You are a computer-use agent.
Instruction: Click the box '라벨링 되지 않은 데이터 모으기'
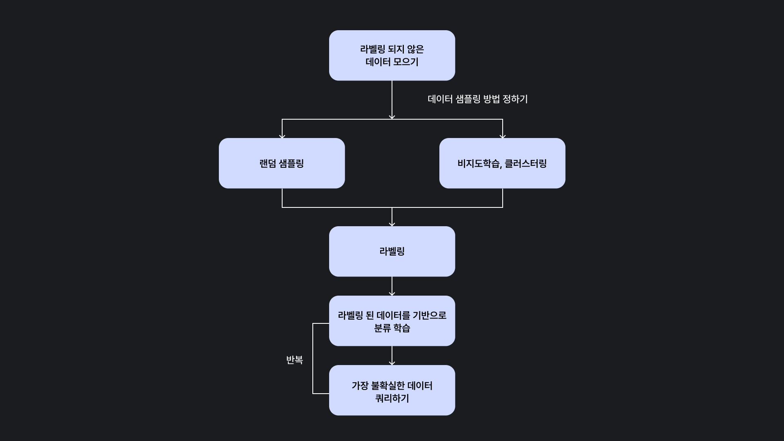click(x=392, y=55)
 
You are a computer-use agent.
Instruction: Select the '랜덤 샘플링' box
click(x=282, y=163)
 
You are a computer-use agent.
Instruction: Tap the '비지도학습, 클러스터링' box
click(x=502, y=163)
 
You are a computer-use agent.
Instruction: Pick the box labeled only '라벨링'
click(x=392, y=252)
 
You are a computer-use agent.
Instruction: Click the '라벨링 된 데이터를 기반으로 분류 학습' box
click(x=392, y=321)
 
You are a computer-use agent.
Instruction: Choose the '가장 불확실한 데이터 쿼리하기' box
click(x=392, y=390)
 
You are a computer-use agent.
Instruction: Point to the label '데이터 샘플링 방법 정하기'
click(x=478, y=99)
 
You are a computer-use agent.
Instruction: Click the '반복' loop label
click(x=294, y=360)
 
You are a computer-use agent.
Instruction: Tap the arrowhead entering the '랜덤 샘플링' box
click(x=282, y=136)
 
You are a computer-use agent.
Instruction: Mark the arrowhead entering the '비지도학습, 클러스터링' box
click(x=503, y=136)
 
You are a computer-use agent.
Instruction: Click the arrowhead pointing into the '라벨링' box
click(x=392, y=224)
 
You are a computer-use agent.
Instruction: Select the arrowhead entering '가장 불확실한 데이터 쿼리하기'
click(x=392, y=363)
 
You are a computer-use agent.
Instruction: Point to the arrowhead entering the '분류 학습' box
click(x=392, y=294)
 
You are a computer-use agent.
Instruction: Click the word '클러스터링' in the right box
click(x=526, y=164)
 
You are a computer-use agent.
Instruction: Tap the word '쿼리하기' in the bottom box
click(x=392, y=399)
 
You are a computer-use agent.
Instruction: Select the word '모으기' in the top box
click(x=405, y=62)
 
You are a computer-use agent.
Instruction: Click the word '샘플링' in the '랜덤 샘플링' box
click(x=292, y=164)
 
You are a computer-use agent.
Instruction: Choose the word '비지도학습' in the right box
click(x=479, y=164)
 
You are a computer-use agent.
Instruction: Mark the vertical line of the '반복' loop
click(x=313, y=359)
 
